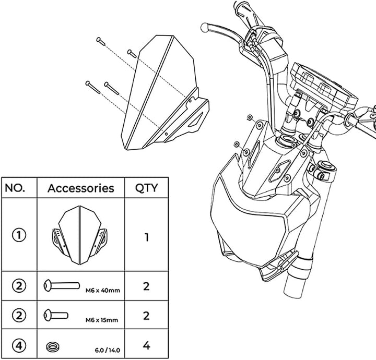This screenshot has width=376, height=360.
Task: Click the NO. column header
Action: [x=19, y=188]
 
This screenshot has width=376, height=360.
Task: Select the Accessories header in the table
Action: [x=80, y=188]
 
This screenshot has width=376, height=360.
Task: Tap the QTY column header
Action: [x=146, y=188]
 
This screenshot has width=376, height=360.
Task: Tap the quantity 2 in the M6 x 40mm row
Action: [x=146, y=286]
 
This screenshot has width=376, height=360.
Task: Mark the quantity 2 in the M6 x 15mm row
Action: [x=146, y=315]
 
